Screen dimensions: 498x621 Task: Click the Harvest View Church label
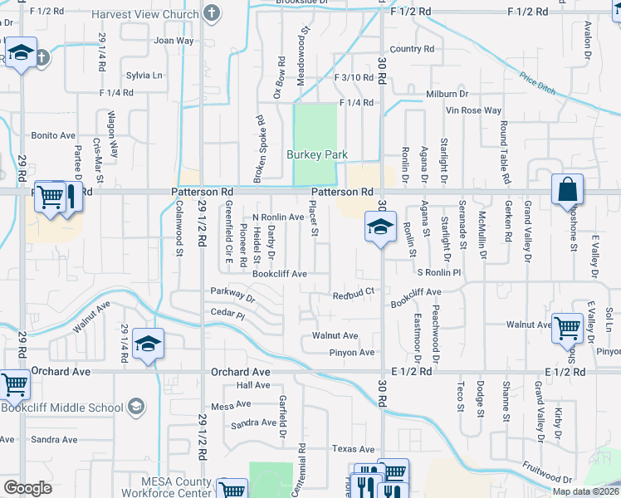[144, 14]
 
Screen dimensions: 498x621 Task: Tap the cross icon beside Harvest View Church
[213, 13]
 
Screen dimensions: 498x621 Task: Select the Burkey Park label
[315, 154]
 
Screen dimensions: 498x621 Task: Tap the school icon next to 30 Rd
[379, 226]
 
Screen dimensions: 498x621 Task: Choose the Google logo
[27, 488]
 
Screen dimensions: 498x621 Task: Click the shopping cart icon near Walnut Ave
[567, 327]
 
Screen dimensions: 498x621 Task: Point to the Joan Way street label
[174, 40]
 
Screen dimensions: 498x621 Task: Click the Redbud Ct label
[355, 293]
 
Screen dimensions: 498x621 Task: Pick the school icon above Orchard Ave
[148, 344]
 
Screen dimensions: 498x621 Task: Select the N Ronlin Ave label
[278, 217]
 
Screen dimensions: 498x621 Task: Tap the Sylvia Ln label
[144, 75]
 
